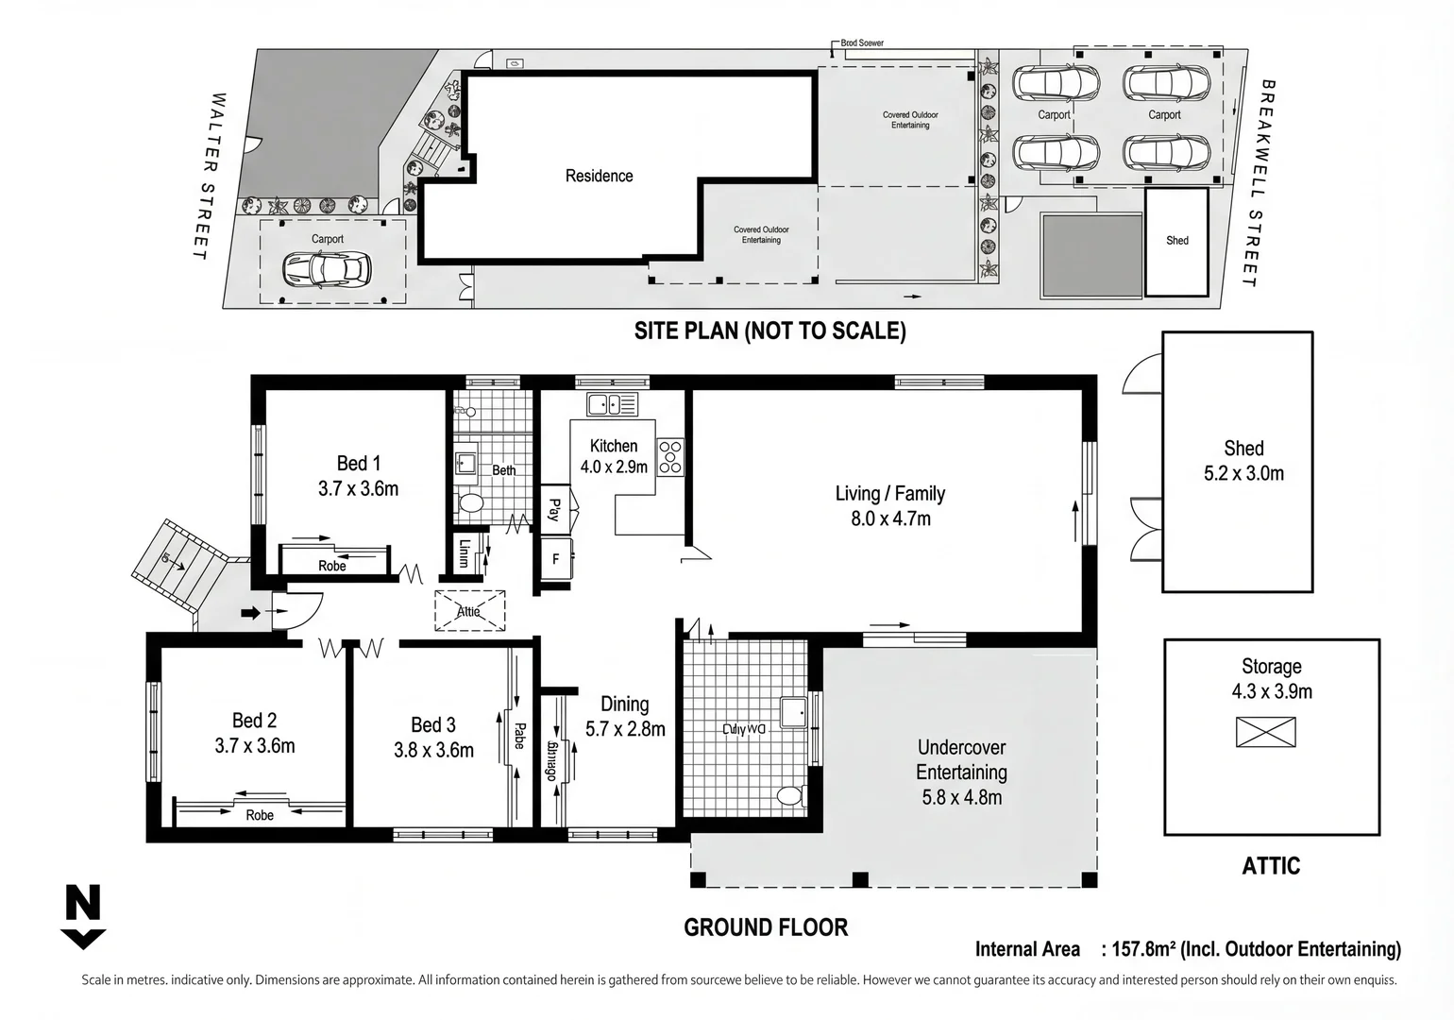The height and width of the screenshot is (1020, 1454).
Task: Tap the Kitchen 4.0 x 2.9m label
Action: pyautogui.click(x=614, y=456)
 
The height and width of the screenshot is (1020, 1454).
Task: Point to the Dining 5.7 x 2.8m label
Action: pyautogui.click(x=625, y=717)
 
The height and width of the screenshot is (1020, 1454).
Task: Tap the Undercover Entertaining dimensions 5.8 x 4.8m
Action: pyautogui.click(x=961, y=797)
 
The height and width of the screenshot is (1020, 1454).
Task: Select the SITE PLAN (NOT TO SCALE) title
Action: pyautogui.click(x=769, y=331)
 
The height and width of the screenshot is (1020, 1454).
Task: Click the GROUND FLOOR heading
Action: pyautogui.click(x=766, y=927)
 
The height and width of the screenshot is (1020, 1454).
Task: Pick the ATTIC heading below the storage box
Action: pyautogui.click(x=1271, y=866)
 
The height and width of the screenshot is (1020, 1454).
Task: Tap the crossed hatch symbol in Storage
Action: pyautogui.click(x=1265, y=732)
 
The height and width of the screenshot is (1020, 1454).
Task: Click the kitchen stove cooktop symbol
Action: pyautogui.click(x=670, y=457)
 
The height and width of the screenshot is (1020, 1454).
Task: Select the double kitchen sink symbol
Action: pyautogui.click(x=612, y=404)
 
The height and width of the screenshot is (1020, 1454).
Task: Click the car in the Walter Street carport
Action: pyautogui.click(x=327, y=270)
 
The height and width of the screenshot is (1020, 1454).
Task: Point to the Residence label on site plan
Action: pyautogui.click(x=599, y=176)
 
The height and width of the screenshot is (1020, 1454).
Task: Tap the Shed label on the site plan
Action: pyautogui.click(x=1176, y=241)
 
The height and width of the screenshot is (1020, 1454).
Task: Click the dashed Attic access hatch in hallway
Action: pyautogui.click(x=469, y=611)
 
